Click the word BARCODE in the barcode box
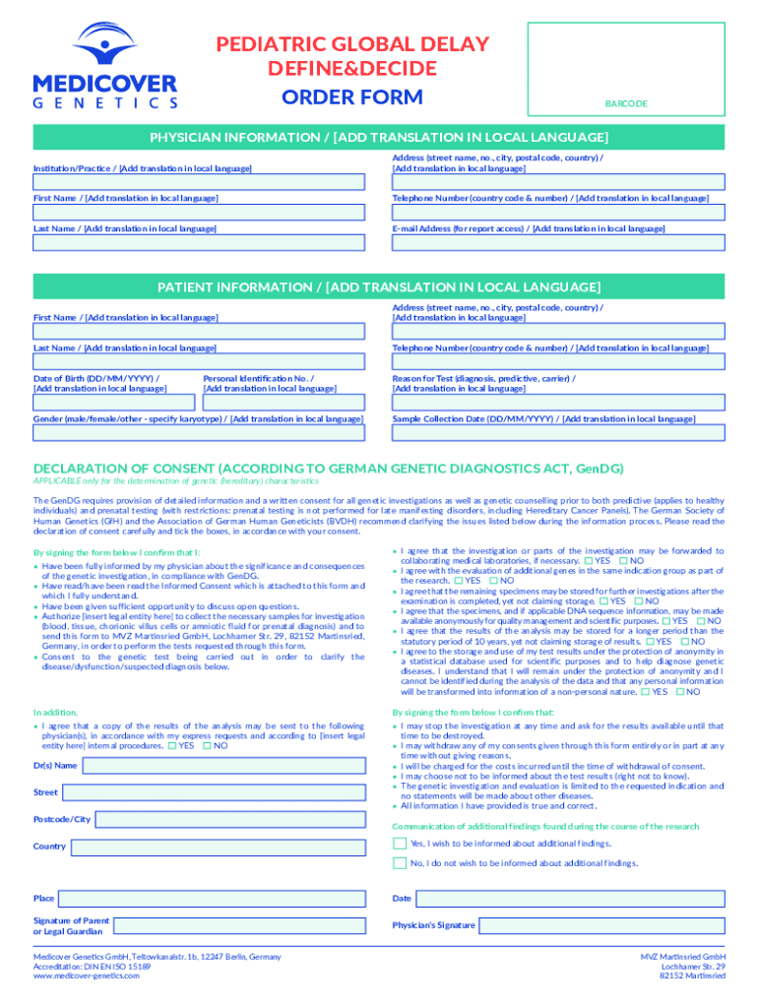click(625, 103)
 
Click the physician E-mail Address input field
click(558, 242)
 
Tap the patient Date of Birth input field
click(114, 403)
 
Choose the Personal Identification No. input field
click(284, 403)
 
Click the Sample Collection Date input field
click(558, 433)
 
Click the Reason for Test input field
click(558, 403)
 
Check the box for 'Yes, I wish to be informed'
click(399, 844)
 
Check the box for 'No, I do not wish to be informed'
click(399, 863)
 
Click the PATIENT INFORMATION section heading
click(379, 287)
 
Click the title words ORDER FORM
click(352, 96)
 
